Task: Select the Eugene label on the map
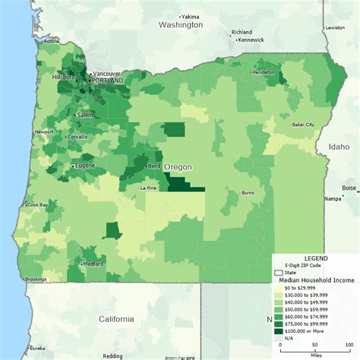(x=84, y=164)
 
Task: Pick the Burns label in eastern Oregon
(x=248, y=194)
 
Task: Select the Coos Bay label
(x=38, y=205)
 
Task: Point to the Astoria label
(x=52, y=41)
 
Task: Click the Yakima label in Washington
(x=191, y=16)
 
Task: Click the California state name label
(x=115, y=319)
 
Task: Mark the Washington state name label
(x=181, y=25)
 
